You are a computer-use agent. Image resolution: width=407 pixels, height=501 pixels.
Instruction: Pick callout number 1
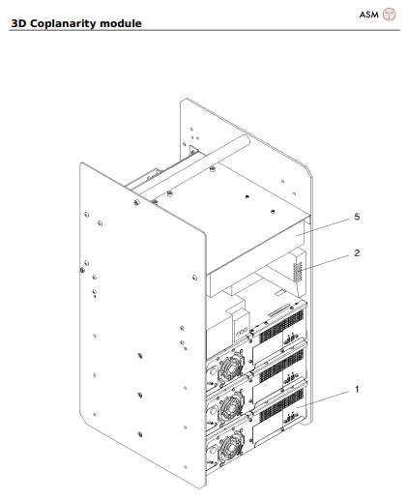(356, 389)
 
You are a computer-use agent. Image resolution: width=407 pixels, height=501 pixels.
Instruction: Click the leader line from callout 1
(329, 398)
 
